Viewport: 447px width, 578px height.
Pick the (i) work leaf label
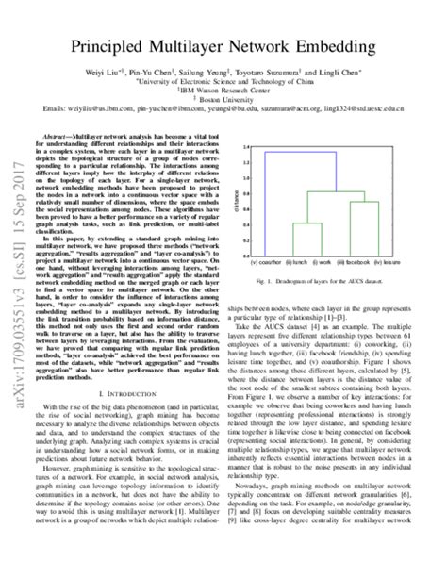tap(320, 260)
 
